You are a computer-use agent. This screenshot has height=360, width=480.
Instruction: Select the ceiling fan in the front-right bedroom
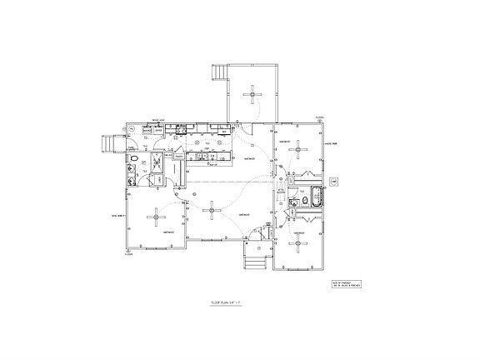[298, 242]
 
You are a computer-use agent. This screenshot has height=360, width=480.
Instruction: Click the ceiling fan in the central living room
[213, 212]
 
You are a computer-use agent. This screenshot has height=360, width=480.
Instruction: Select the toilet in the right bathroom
[295, 202]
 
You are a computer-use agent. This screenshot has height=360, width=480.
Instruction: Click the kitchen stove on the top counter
[179, 130]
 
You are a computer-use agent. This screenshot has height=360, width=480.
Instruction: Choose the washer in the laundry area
[147, 130]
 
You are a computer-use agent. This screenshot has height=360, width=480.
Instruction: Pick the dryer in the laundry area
[157, 130]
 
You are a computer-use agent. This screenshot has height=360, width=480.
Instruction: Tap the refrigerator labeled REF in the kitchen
[223, 131]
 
